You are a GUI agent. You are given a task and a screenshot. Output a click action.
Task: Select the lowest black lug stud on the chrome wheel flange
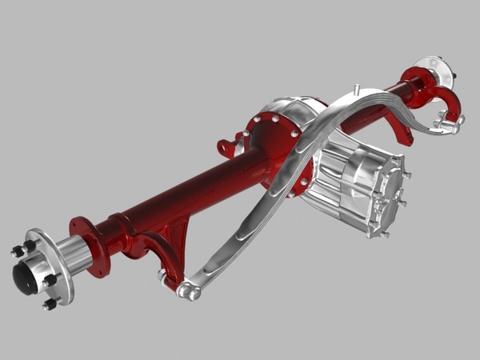(x=50, y=304)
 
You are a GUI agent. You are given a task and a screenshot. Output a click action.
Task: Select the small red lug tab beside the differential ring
(x=228, y=148)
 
